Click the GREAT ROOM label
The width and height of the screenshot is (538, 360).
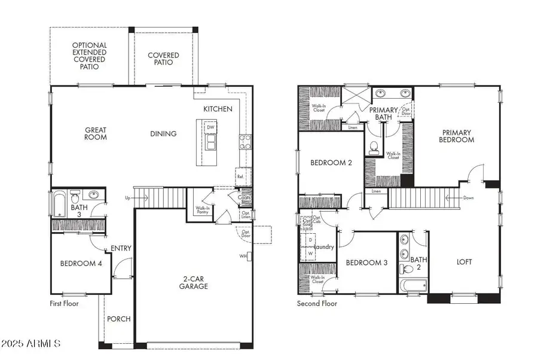[x=96, y=133]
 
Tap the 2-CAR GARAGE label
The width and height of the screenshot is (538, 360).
[x=194, y=282]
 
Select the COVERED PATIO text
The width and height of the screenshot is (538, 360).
[x=163, y=59]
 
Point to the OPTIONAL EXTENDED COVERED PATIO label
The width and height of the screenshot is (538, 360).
[x=90, y=56]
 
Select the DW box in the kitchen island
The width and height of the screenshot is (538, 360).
[x=210, y=127]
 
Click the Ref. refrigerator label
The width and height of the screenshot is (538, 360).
[x=240, y=176]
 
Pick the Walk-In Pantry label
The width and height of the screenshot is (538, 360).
[x=202, y=210]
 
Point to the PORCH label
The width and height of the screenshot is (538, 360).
[x=119, y=319]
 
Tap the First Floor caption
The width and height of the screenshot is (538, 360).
[x=64, y=304]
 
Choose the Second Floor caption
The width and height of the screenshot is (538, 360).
[x=317, y=304]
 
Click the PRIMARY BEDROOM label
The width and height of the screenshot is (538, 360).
[x=457, y=136]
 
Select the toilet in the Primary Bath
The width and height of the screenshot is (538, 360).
[x=374, y=147]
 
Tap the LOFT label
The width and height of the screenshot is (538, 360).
[x=464, y=261]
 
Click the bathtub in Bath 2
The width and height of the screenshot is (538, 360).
[x=412, y=285]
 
